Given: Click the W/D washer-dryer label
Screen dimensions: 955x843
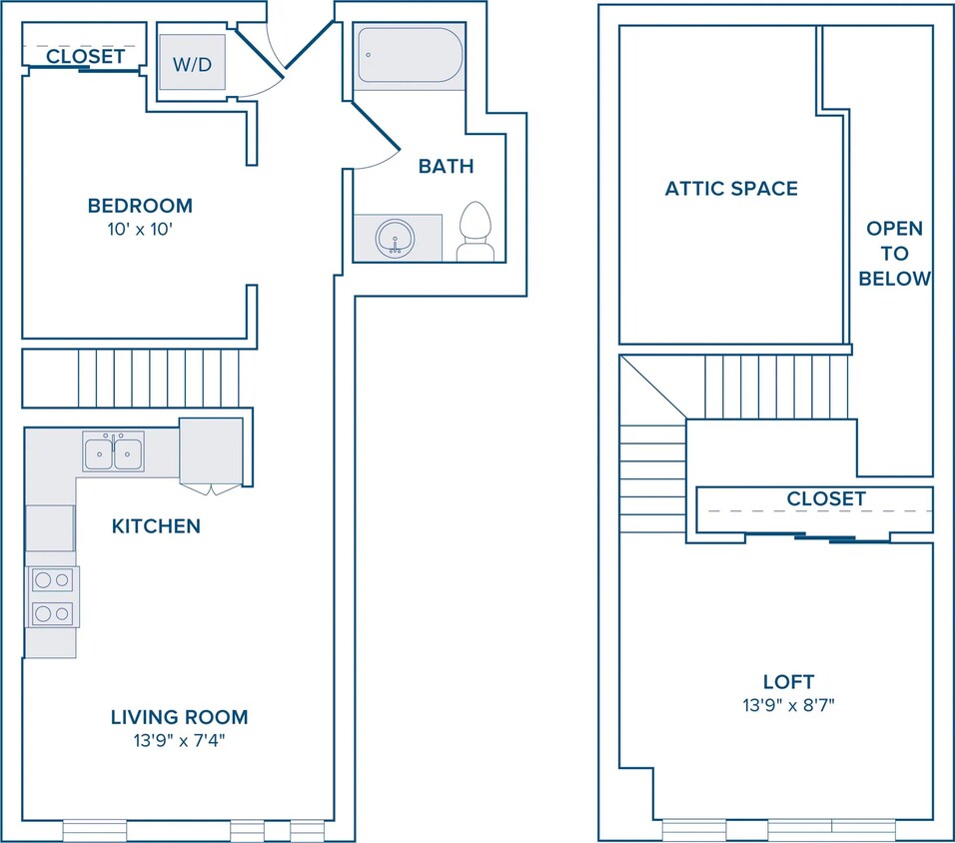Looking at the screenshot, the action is [193, 64].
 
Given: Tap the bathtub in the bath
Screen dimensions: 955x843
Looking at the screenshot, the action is [410, 55].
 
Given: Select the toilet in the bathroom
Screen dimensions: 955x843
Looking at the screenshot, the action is [476, 232].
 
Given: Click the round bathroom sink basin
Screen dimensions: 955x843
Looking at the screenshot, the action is [395, 237].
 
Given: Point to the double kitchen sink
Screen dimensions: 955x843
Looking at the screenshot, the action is [113, 451].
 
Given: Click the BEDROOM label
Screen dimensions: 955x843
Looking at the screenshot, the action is [140, 206].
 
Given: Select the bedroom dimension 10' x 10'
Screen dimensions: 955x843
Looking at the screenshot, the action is [141, 230].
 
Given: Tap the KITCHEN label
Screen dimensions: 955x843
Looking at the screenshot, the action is [156, 526].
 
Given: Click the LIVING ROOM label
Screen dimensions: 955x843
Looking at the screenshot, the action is [180, 717].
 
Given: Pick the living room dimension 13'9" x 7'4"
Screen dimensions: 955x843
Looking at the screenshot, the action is [180, 741].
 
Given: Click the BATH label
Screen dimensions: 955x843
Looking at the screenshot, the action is [446, 166].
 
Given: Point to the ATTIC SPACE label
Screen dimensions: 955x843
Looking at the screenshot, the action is [731, 189].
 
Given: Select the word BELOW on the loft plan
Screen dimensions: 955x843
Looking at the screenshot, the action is [895, 279].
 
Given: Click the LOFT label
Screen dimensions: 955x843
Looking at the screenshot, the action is [789, 681].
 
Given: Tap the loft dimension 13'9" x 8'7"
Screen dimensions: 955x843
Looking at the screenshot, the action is [789, 705].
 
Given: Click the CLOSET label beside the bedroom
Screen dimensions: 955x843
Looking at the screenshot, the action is [85, 56].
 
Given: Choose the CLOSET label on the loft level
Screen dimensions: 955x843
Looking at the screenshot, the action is [826, 498].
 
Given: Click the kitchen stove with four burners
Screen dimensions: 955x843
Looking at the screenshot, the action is [52, 597].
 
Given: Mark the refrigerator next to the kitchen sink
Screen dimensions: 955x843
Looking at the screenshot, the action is [211, 450].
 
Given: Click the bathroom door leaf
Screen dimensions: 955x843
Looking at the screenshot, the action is [376, 127].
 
